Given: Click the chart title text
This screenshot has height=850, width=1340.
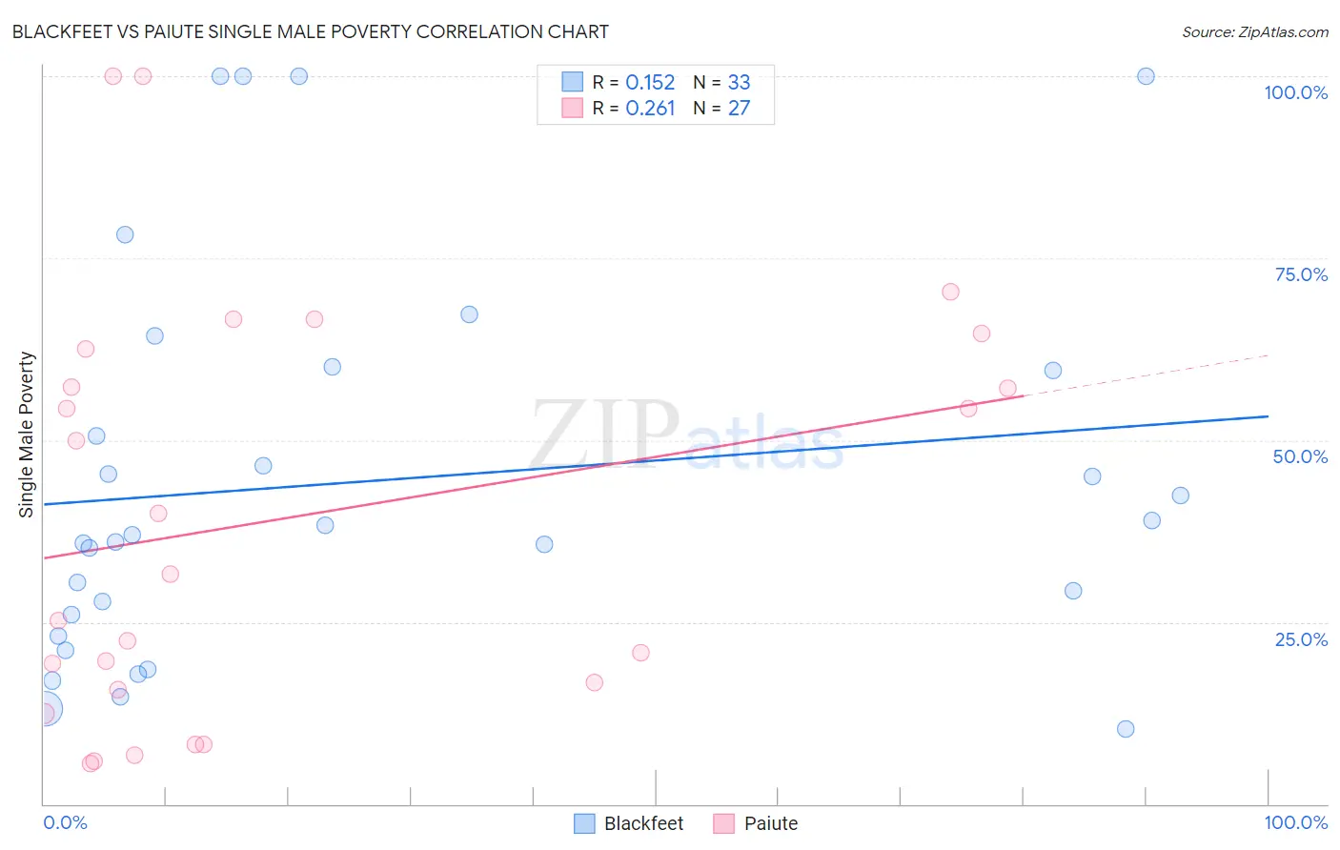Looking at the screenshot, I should [310, 31].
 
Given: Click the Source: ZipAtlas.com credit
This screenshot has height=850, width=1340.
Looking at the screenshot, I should [1254, 31].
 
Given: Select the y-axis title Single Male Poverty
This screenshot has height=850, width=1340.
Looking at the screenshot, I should [26, 435].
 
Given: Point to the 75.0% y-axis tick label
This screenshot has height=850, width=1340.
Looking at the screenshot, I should [1301, 274].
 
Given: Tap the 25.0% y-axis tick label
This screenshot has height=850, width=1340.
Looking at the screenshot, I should [1301, 639].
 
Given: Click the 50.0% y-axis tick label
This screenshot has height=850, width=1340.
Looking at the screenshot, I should [1300, 456].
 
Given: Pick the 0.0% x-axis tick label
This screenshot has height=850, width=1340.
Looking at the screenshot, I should [66, 822].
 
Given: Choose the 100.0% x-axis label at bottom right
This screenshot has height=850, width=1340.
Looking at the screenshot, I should [1295, 822].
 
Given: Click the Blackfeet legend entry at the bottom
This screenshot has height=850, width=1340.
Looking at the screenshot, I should [629, 823].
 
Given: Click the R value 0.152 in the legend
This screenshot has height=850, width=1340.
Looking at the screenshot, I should [650, 82].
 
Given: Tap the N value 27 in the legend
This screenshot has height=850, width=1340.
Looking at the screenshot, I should [739, 108].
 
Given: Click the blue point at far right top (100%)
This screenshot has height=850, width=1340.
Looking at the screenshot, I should [1146, 76].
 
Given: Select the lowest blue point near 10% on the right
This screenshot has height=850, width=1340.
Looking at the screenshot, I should [1126, 729].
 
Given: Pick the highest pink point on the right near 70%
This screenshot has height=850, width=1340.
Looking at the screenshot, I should [950, 292].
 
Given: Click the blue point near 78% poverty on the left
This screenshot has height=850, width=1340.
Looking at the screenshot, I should [125, 234].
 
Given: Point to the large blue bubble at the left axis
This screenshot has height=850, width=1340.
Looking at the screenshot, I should [45, 709].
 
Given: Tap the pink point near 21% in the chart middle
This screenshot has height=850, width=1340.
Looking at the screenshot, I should [640, 653].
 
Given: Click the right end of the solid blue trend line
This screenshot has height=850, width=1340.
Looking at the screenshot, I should [1267, 416].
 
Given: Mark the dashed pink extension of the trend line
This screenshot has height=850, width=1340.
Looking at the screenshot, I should [1144, 375].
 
